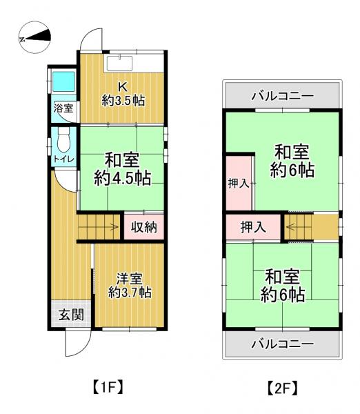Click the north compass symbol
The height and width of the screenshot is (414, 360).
[34, 37]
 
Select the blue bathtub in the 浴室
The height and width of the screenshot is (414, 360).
[63, 81]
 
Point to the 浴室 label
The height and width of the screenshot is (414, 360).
[63, 108]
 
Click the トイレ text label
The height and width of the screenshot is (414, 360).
[64, 159]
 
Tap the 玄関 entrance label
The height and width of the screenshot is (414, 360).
[71, 315]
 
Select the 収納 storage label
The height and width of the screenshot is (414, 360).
[144, 227]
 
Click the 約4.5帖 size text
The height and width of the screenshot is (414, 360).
[123, 178]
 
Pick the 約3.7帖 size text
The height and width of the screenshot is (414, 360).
[130, 293]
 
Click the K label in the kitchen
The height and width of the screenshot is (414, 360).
[123, 87]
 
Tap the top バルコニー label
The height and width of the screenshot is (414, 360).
[282, 96]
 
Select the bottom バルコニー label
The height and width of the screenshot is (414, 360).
[282, 344]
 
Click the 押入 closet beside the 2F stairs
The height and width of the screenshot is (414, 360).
[253, 227]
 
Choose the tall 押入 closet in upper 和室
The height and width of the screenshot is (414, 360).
[239, 184]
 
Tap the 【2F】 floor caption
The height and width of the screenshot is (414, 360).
[282, 388]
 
